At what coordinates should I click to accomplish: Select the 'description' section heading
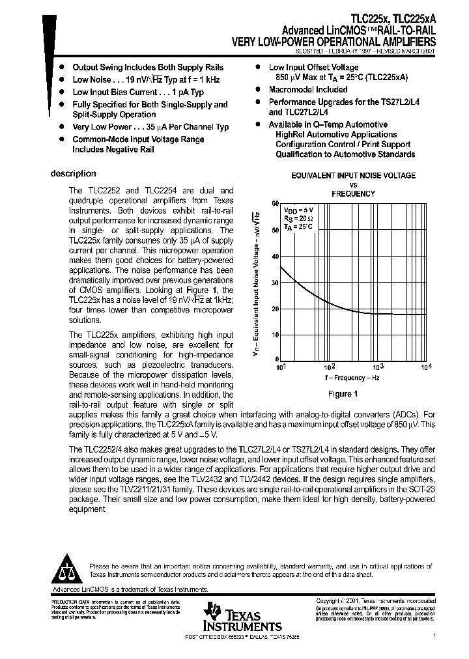tap(74, 174)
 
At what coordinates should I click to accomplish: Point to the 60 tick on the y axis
tap(276, 204)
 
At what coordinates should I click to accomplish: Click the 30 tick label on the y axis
tap(276, 282)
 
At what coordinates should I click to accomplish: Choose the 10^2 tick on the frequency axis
tap(330, 367)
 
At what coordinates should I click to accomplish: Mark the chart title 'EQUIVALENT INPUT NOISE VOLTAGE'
tap(353, 176)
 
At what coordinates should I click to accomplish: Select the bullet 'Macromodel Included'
tap(308, 90)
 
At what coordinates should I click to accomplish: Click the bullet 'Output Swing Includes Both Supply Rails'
tap(148, 67)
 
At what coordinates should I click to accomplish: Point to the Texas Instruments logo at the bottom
tap(234, 615)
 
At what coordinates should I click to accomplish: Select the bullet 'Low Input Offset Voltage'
tap(313, 67)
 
